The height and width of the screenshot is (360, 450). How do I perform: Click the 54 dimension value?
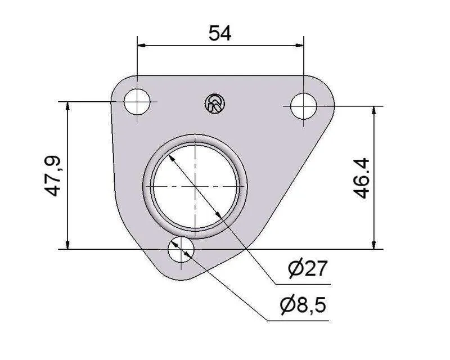pos(220,33)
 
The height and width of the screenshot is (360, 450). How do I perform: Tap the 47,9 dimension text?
pos(52,175)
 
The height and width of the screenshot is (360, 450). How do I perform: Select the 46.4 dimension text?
pos(361,178)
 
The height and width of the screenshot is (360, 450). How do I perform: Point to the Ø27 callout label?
pos(307,268)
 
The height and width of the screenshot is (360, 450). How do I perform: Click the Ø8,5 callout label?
pos(303,305)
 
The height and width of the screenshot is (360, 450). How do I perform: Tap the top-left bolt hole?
pos(137,102)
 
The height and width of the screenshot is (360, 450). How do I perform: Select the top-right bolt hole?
pos(304,106)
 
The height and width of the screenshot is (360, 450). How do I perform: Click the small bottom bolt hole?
pos(181,249)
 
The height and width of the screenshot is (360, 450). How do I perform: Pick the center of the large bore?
pos(195,186)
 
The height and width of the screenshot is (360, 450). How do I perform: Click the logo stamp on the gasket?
pos(215,103)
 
